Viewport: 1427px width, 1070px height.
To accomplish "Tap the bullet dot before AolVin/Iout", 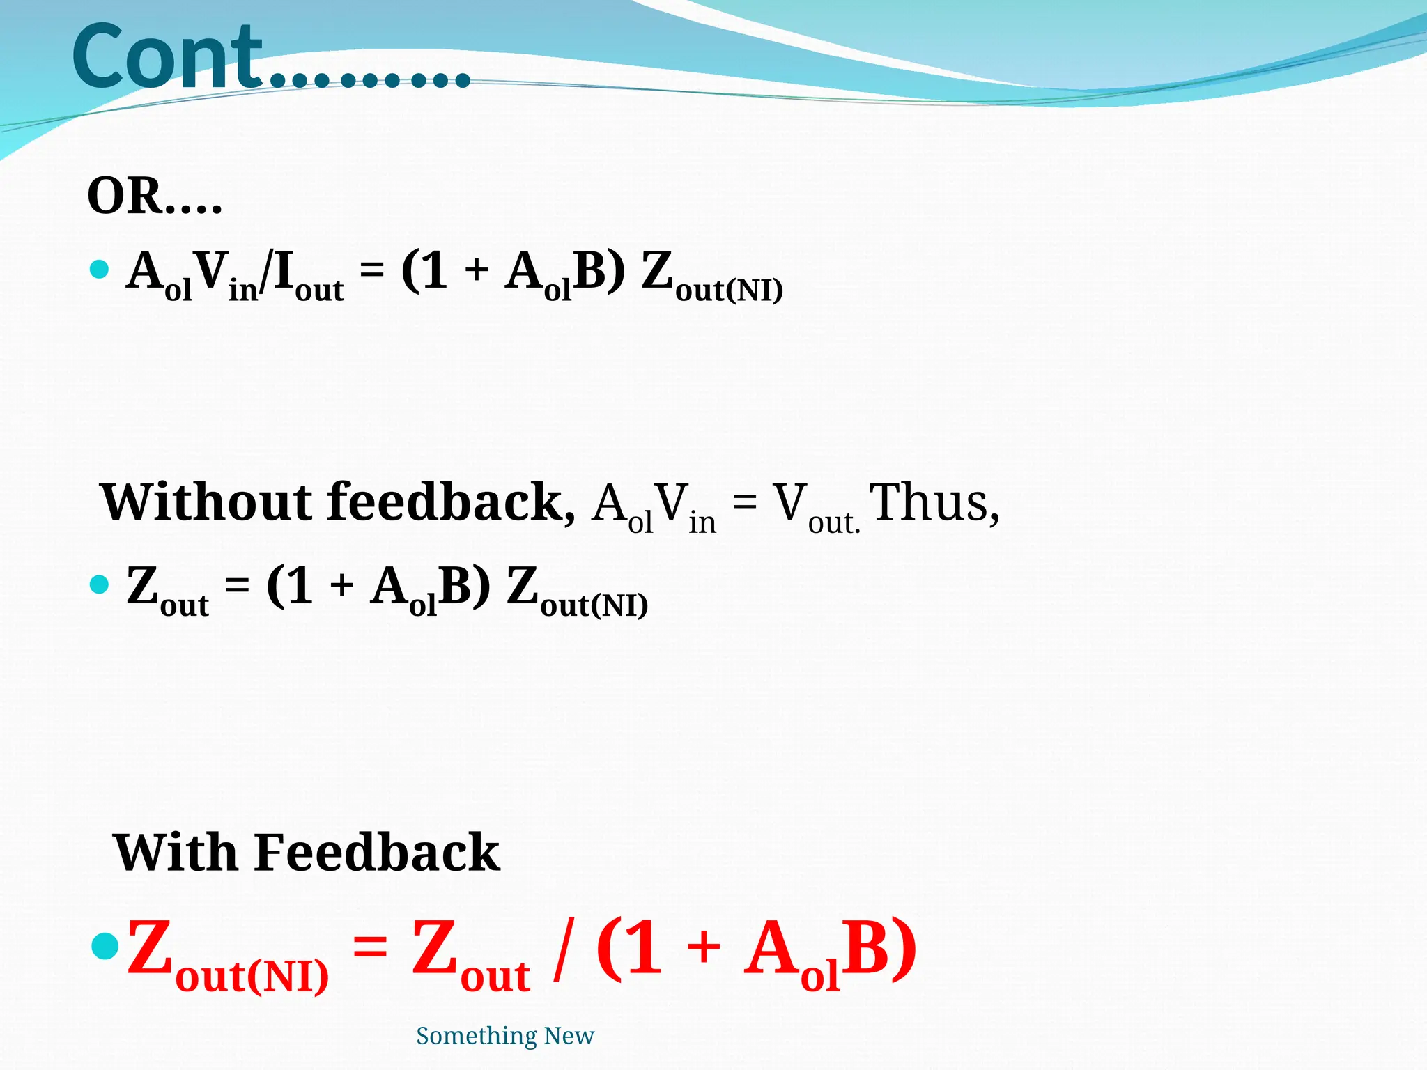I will pyautogui.click(x=100, y=269).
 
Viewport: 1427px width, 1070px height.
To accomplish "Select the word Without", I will pyautogui.click(x=206, y=502).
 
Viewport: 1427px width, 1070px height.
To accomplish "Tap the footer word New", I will pyautogui.click(x=569, y=1036).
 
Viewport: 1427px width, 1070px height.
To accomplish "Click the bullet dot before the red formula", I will pyautogui.click(x=106, y=947).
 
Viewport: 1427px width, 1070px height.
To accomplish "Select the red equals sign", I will pyautogui.click(x=370, y=948).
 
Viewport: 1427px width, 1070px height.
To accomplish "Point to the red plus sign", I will pyautogui.click(x=704, y=948).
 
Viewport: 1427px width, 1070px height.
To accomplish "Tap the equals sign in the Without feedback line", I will pyautogui.click(x=744, y=503).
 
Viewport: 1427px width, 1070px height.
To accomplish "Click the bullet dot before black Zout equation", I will pyautogui.click(x=100, y=584).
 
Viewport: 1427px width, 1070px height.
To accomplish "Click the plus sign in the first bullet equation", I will pyautogui.click(x=477, y=270).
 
